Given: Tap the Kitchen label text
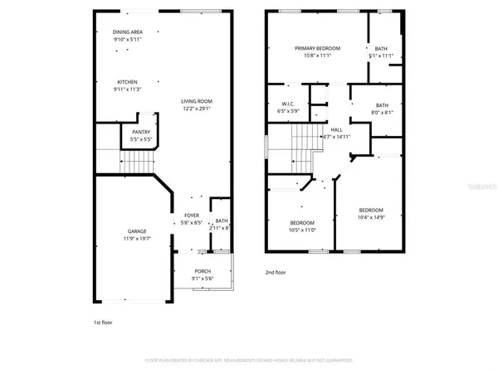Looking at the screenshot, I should click(x=127, y=83).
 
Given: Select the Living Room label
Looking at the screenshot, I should click(x=197, y=101).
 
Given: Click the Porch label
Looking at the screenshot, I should click(x=203, y=271).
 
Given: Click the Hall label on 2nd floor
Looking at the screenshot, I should click(x=336, y=130).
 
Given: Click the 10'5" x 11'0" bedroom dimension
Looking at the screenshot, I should click(x=302, y=230).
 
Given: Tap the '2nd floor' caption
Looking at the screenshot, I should click(x=276, y=272).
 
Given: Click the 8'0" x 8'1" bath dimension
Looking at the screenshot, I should click(x=382, y=113).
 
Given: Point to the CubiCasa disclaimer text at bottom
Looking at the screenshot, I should click(x=249, y=361).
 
